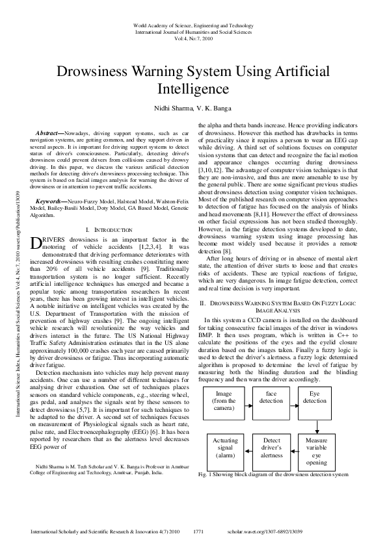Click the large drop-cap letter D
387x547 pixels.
36,225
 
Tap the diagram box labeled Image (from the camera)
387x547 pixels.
223,401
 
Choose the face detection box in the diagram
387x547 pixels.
271,397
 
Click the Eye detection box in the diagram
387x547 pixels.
315,397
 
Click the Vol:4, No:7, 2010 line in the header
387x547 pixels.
193,38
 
